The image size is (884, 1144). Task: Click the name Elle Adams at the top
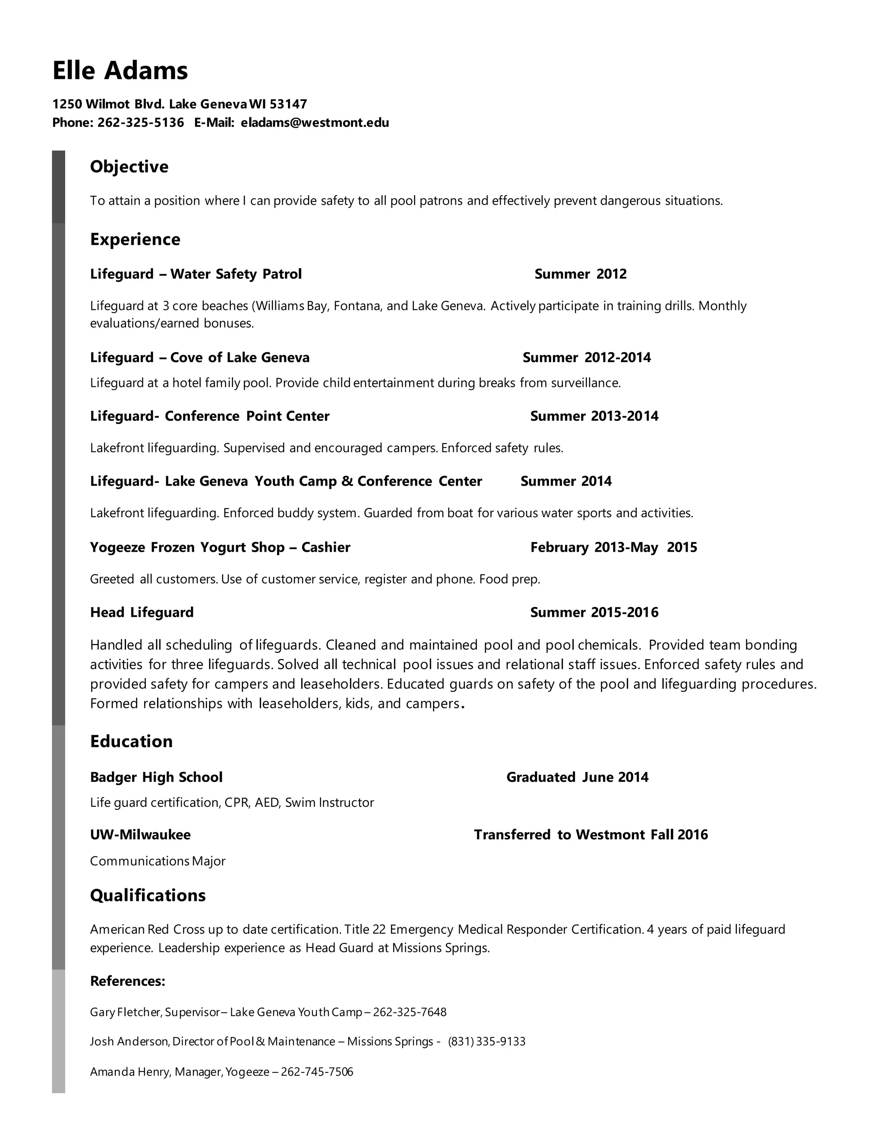120,71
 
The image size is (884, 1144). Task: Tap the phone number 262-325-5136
140,123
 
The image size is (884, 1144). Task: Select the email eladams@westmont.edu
315,123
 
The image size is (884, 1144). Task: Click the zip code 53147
289,104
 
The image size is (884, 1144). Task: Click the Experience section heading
135,240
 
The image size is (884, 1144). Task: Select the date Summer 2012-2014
587,358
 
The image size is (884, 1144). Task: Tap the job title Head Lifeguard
142,612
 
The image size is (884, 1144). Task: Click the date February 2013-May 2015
613,547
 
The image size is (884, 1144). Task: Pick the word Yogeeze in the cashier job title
117,547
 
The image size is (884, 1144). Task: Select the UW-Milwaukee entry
140,835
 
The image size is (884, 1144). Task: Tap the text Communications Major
157,861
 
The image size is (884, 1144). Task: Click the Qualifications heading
148,896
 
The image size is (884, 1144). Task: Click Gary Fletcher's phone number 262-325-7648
410,1012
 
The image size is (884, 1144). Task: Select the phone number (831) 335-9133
486,1041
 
